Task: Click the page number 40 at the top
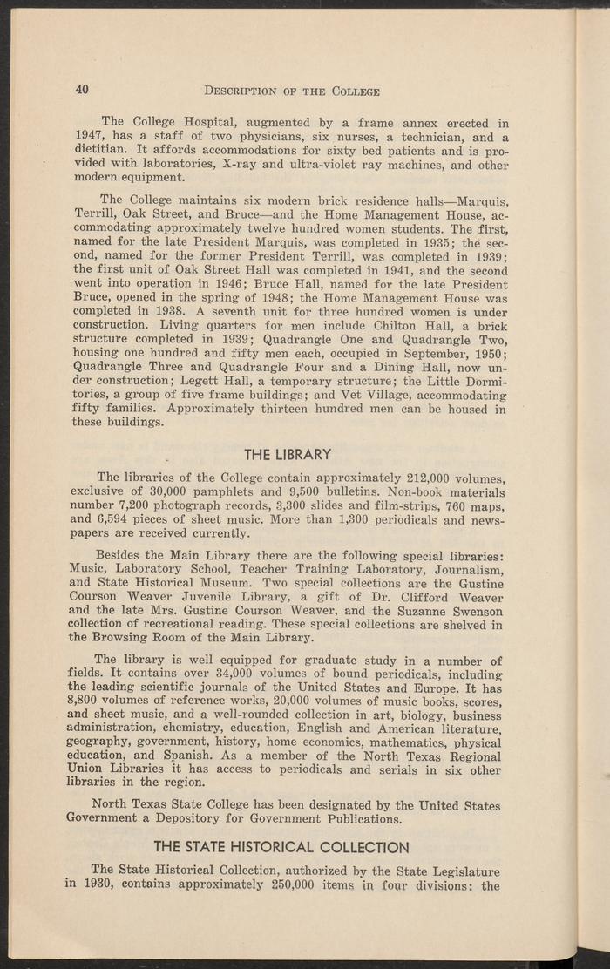click(x=83, y=90)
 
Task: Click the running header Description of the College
click(x=291, y=91)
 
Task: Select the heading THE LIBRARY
click(x=288, y=454)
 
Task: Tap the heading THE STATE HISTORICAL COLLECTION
click(x=281, y=846)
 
